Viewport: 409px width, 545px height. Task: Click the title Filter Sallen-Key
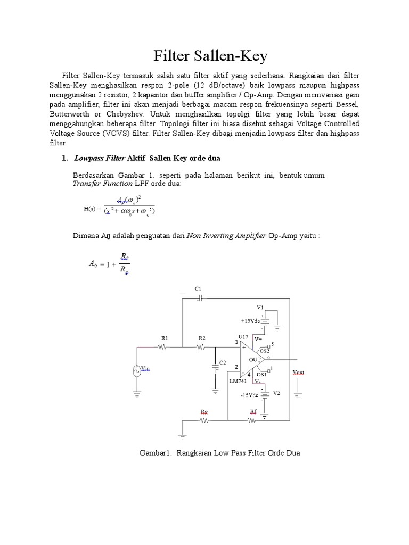(210, 56)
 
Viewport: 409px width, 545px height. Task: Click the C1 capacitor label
(198, 288)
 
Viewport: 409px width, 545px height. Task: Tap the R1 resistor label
(164, 338)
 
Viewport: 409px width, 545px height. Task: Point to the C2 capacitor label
(223, 362)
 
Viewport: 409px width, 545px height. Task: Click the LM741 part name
(238, 382)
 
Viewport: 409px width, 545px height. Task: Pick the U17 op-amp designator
(243, 336)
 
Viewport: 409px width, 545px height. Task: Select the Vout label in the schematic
(298, 373)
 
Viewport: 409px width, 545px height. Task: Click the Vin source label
(145, 369)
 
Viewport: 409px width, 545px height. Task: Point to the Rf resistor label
(253, 412)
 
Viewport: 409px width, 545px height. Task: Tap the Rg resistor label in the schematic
(204, 412)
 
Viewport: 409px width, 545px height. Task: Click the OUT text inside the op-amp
(255, 360)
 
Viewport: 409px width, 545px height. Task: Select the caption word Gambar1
(154, 453)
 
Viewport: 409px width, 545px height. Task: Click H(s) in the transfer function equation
(92, 208)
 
